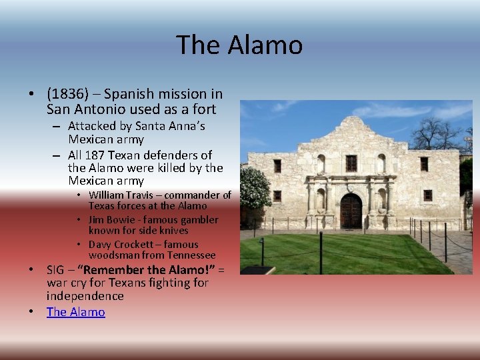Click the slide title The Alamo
239,45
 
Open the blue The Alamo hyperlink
75,311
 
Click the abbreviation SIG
57,270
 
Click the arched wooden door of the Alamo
351,212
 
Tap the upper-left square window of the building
277,165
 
